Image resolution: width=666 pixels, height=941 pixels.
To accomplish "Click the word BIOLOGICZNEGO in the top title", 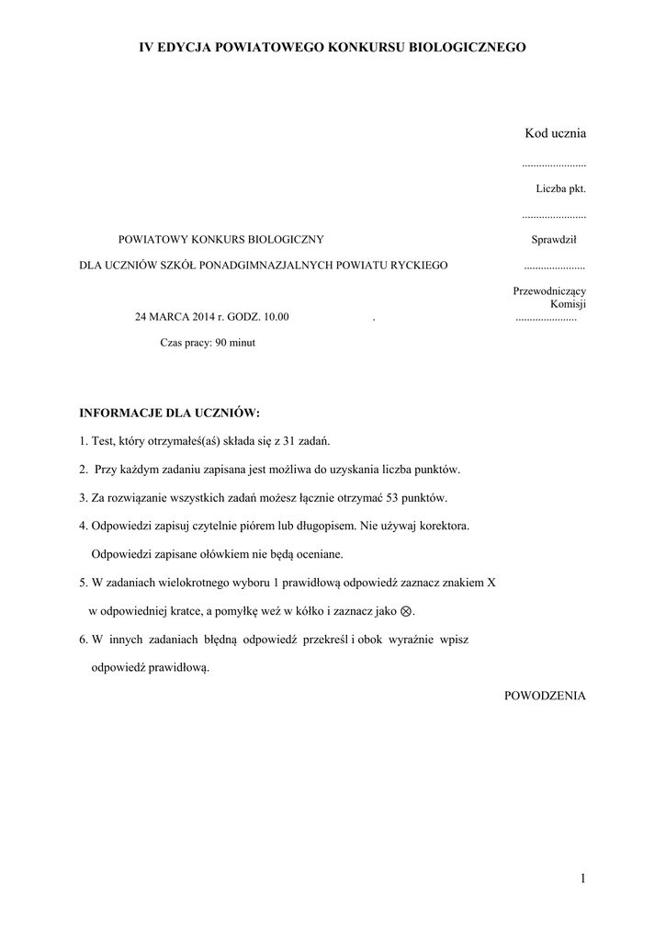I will [466, 46].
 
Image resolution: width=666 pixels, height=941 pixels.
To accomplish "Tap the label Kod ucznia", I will [555, 133].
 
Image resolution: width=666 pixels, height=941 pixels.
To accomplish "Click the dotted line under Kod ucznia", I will [553, 164].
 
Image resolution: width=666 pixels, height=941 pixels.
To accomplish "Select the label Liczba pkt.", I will [560, 188].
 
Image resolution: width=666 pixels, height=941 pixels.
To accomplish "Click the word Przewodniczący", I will [549, 291].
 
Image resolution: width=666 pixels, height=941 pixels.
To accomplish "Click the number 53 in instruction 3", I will [396, 498].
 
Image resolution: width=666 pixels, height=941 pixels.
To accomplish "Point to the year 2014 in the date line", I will [203, 317].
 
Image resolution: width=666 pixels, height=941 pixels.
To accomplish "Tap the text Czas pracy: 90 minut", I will [208, 342].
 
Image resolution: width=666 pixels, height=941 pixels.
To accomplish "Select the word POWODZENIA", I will [545, 696].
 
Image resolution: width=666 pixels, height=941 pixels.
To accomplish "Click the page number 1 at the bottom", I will [582, 879].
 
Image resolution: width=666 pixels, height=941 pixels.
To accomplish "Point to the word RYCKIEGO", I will [419, 266].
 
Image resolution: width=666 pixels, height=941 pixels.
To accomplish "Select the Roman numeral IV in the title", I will [145, 46].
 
